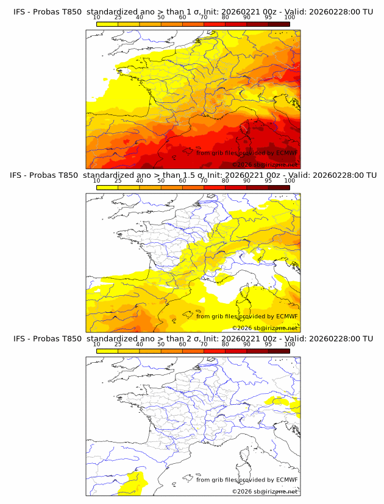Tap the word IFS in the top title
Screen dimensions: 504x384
21,12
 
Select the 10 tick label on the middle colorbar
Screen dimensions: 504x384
96,181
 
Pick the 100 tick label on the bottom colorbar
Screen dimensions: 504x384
290,344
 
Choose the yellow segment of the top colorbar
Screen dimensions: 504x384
107,24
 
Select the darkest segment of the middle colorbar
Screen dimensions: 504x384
279,187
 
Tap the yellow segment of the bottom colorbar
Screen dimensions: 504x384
107,351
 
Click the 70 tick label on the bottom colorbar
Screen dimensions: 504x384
204,344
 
